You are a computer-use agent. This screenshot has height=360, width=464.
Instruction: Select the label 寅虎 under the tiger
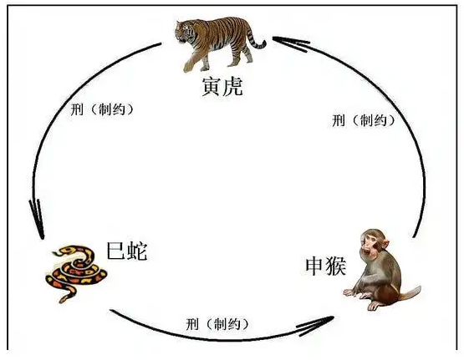(x=222, y=87)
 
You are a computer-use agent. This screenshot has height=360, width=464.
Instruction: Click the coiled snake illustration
(x=76, y=273)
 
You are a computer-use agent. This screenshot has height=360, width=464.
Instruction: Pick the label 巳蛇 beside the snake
(x=127, y=251)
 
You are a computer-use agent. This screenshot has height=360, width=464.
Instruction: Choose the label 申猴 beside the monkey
(x=326, y=266)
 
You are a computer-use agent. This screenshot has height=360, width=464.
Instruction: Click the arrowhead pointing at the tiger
(x=288, y=43)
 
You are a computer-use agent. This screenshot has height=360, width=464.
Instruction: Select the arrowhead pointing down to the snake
(x=38, y=220)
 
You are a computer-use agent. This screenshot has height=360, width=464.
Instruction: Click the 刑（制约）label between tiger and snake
(x=102, y=109)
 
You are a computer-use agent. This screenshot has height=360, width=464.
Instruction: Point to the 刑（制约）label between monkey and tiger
(x=364, y=120)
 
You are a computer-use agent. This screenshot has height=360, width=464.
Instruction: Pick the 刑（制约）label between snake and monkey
(x=217, y=324)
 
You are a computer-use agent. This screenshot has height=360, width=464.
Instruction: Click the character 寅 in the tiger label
(x=212, y=87)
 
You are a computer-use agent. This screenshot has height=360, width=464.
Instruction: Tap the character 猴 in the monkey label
(x=336, y=266)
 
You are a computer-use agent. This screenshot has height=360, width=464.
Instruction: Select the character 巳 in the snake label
(x=116, y=251)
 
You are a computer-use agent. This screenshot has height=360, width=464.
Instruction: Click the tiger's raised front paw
(x=187, y=67)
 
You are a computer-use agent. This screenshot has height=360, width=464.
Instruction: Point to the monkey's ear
(x=384, y=244)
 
